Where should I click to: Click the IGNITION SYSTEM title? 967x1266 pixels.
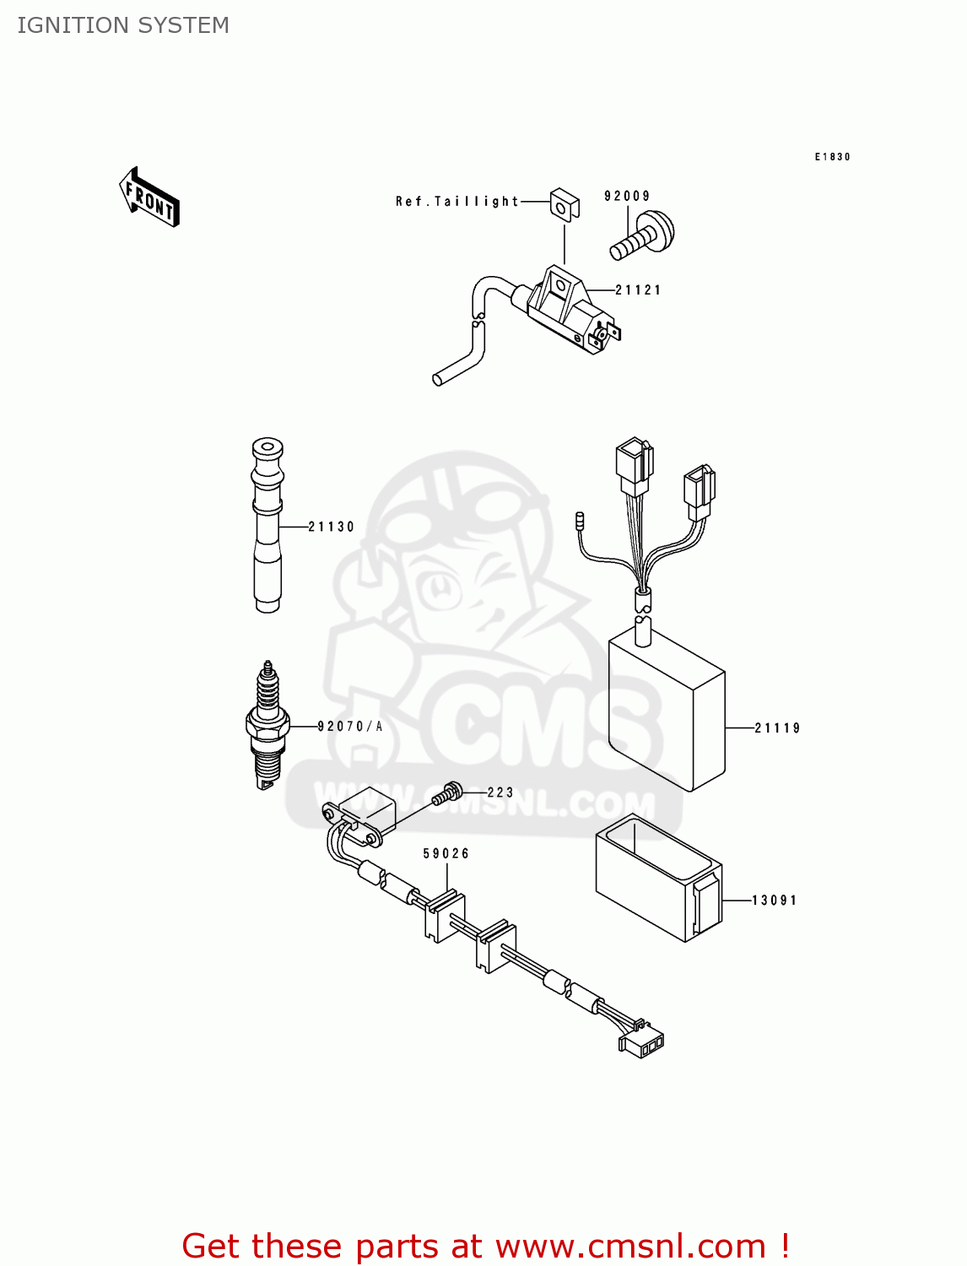123,25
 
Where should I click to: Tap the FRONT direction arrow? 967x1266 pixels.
149,197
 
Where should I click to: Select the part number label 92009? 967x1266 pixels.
627,197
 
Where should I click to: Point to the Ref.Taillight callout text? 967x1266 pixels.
457,202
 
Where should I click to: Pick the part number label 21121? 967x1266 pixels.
638,290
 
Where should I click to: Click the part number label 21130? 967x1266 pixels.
331,527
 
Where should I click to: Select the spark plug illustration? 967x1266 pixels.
267,726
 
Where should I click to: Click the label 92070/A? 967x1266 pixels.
350,727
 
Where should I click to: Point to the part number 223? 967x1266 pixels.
500,793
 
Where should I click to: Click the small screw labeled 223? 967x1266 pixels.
448,793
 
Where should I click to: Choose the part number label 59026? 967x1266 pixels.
446,854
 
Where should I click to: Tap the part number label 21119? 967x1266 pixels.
777,728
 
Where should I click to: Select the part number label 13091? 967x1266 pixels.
775,901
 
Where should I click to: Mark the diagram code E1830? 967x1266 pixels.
832,157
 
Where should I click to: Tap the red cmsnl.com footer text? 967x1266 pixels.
485,1246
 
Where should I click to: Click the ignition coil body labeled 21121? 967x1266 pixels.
565,308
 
